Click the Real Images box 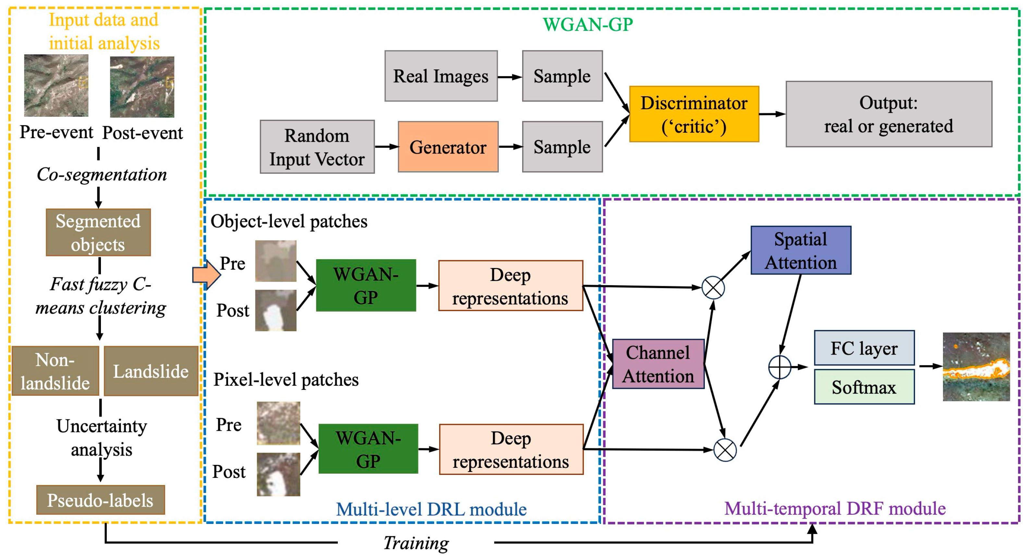[x=441, y=76]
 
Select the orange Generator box [x=448, y=147]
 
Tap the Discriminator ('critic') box [x=694, y=114]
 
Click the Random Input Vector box [x=317, y=147]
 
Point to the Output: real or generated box [x=888, y=114]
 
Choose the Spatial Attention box [x=801, y=250]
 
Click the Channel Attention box [x=658, y=364]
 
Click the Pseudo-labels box [x=100, y=500]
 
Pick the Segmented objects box [x=98, y=232]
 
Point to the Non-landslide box [x=55, y=371]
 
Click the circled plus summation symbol [x=779, y=367]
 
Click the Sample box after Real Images [x=562, y=76]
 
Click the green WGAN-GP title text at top [x=588, y=24]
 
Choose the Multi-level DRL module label [x=431, y=509]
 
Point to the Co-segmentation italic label [x=102, y=175]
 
